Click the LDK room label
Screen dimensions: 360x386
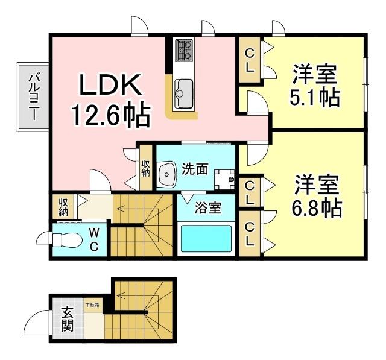[111, 86]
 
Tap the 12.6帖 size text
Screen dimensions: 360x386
[111, 115]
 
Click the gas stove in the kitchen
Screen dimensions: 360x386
[183, 50]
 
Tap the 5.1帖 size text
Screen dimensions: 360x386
[314, 97]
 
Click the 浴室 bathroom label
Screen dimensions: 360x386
[207, 209]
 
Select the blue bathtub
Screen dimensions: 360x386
[206, 240]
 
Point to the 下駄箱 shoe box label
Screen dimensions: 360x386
[93, 306]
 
